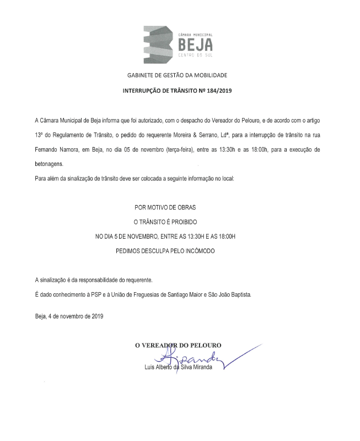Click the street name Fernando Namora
(x=59, y=149)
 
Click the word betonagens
(x=49, y=164)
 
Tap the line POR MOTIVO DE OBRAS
(x=165, y=208)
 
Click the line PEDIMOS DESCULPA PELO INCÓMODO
(x=165, y=251)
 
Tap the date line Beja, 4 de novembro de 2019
(x=69, y=316)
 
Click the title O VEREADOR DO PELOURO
(x=179, y=346)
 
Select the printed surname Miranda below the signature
(x=200, y=368)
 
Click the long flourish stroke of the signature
(x=243, y=356)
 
